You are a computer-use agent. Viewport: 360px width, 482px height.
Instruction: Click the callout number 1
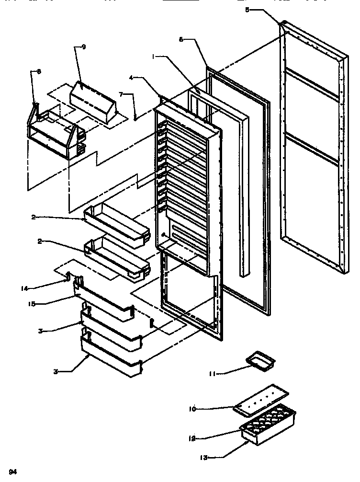pyautogui.click(x=154, y=56)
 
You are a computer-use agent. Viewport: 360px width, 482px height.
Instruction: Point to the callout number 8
pyautogui.click(x=39, y=71)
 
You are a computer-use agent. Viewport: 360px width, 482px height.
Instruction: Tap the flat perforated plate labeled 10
pyautogui.click(x=261, y=397)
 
